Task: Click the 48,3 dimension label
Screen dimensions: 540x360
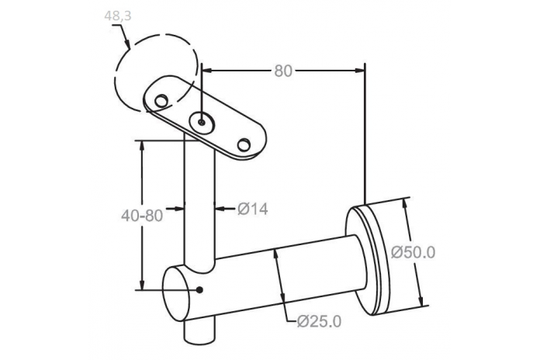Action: click(118, 16)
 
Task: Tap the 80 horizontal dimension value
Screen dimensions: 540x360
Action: click(283, 71)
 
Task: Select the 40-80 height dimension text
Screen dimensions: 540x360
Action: click(142, 216)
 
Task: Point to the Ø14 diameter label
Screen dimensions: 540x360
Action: click(252, 209)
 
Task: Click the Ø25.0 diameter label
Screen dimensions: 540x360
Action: click(319, 321)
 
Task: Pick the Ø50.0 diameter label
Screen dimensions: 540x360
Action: click(414, 252)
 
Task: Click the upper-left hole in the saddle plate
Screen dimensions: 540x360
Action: click(161, 101)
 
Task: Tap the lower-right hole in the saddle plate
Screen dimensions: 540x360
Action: click(244, 144)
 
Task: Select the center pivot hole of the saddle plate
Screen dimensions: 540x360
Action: click(202, 122)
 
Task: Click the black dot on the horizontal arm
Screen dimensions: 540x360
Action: click(199, 290)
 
